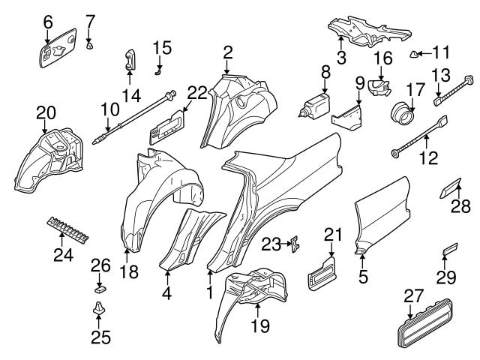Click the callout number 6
click(48, 22)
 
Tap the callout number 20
click(46, 113)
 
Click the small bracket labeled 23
click(297, 242)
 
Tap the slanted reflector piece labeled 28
click(451, 187)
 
